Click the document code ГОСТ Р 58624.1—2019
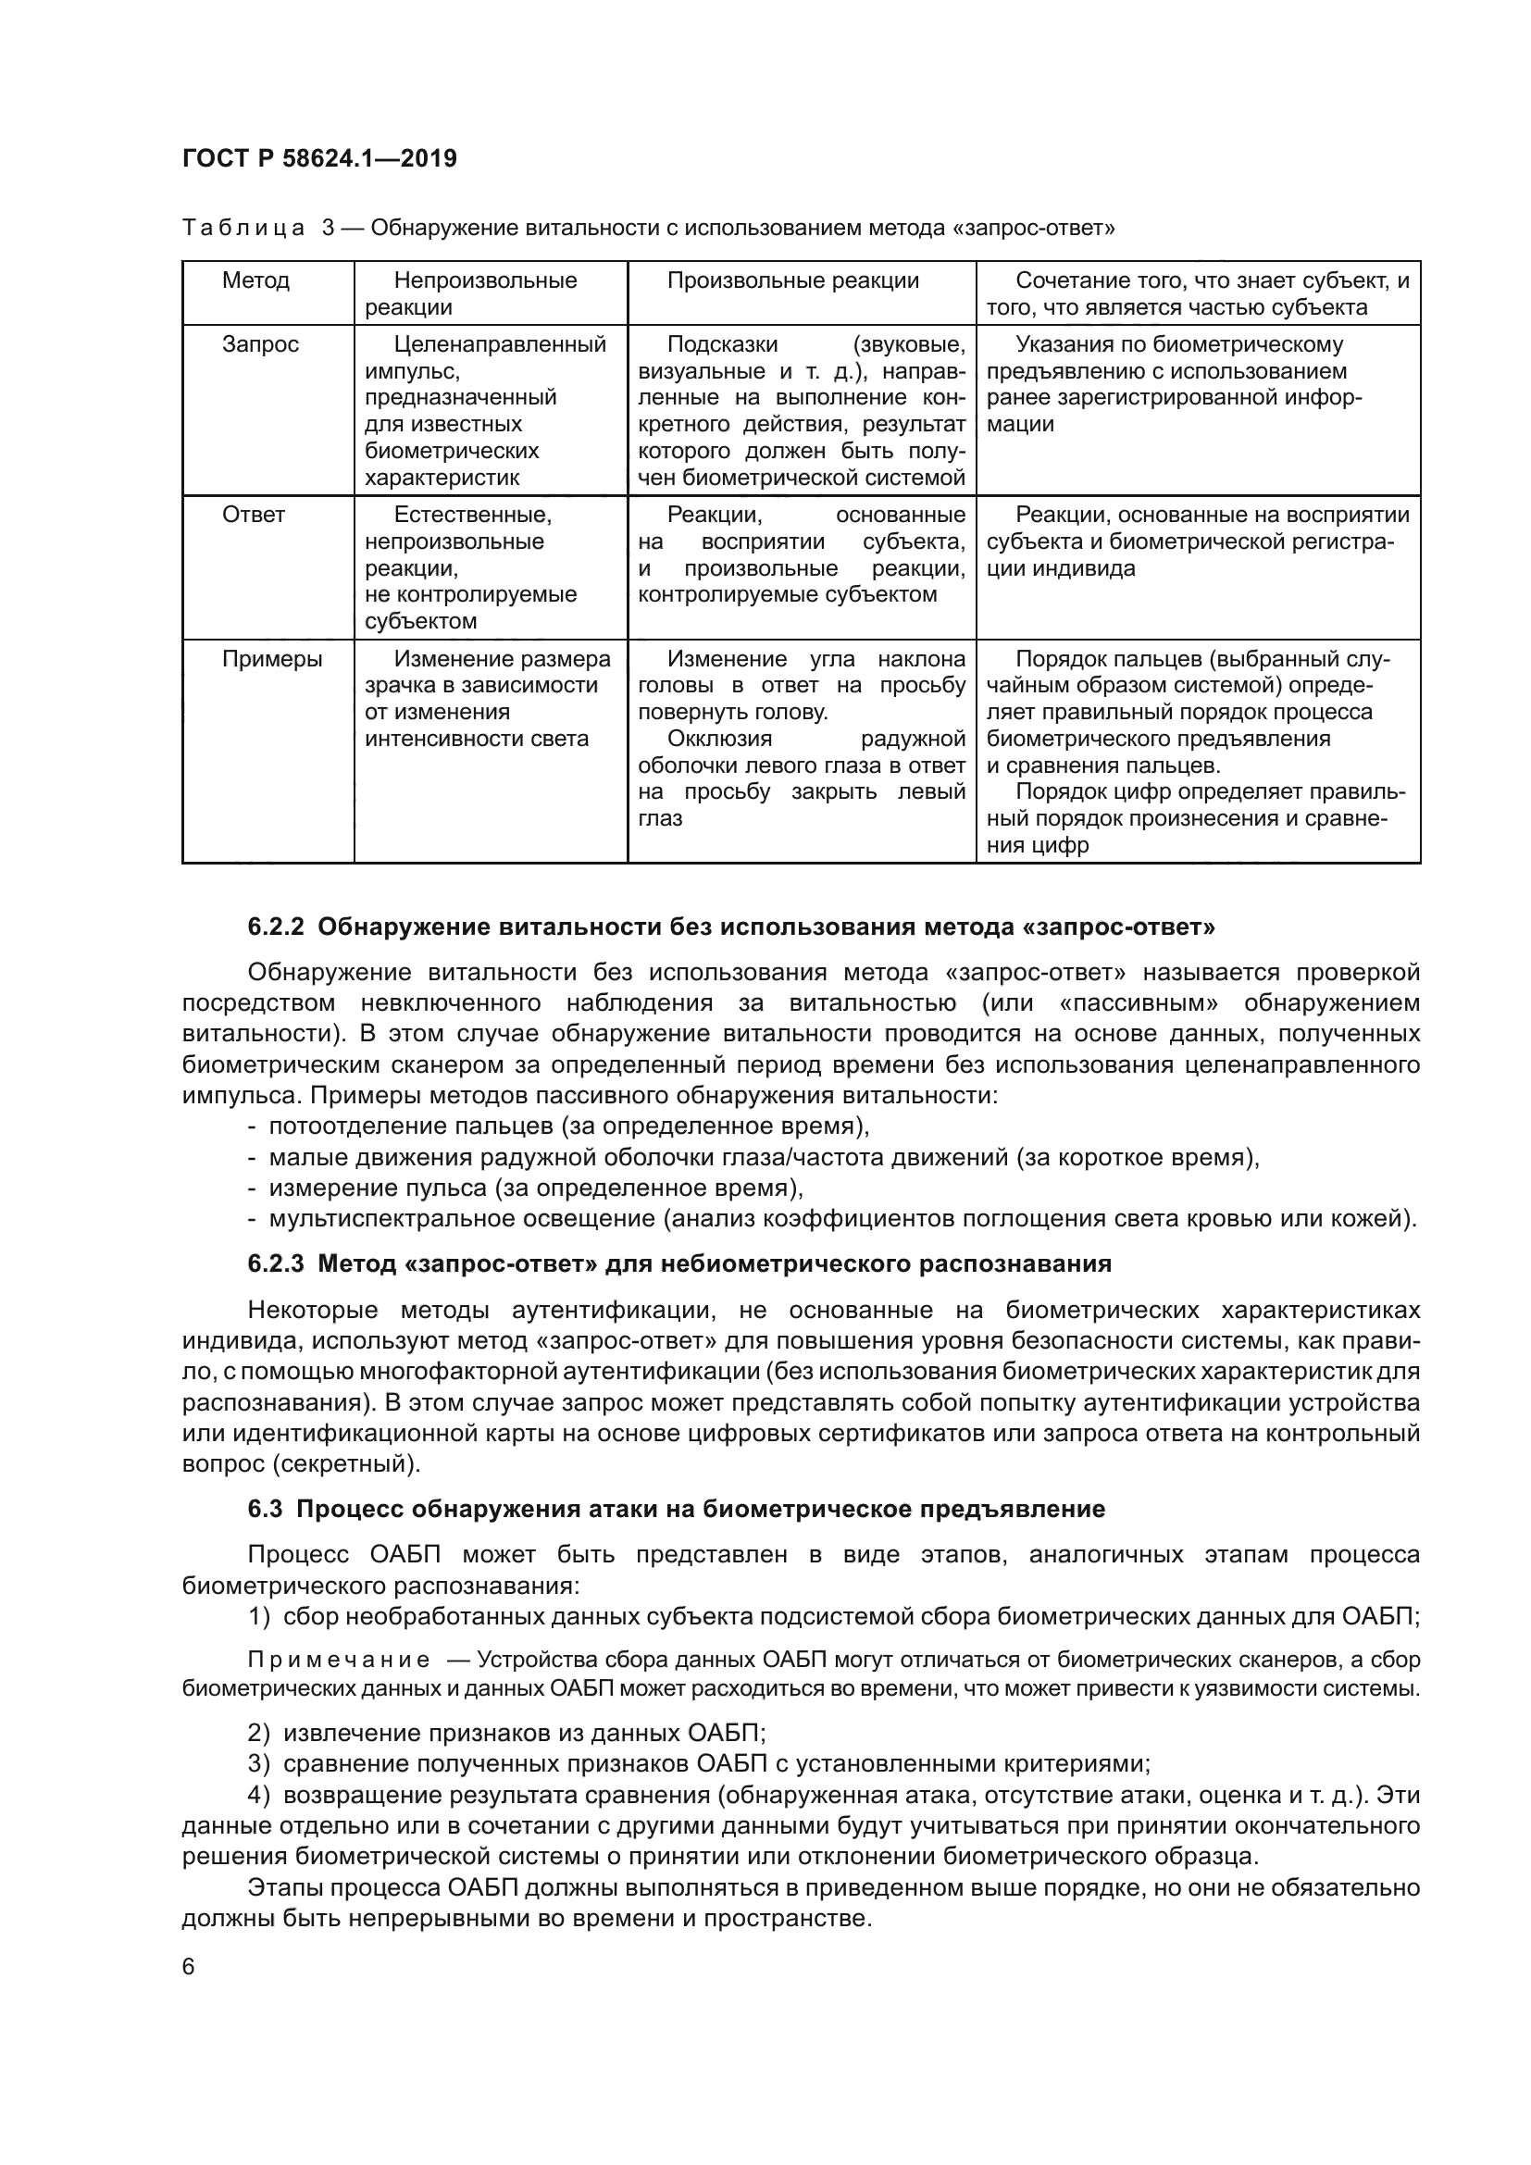[x=319, y=158]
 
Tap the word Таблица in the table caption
[x=243, y=229]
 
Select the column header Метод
[x=255, y=281]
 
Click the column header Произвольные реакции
[x=792, y=281]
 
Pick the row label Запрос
[x=260, y=345]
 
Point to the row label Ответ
[x=254, y=516]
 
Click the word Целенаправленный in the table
[x=500, y=345]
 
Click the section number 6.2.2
[x=276, y=927]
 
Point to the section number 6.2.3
[x=276, y=1264]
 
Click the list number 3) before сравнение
[x=259, y=1763]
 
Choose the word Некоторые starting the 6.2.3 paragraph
[x=313, y=1310]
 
